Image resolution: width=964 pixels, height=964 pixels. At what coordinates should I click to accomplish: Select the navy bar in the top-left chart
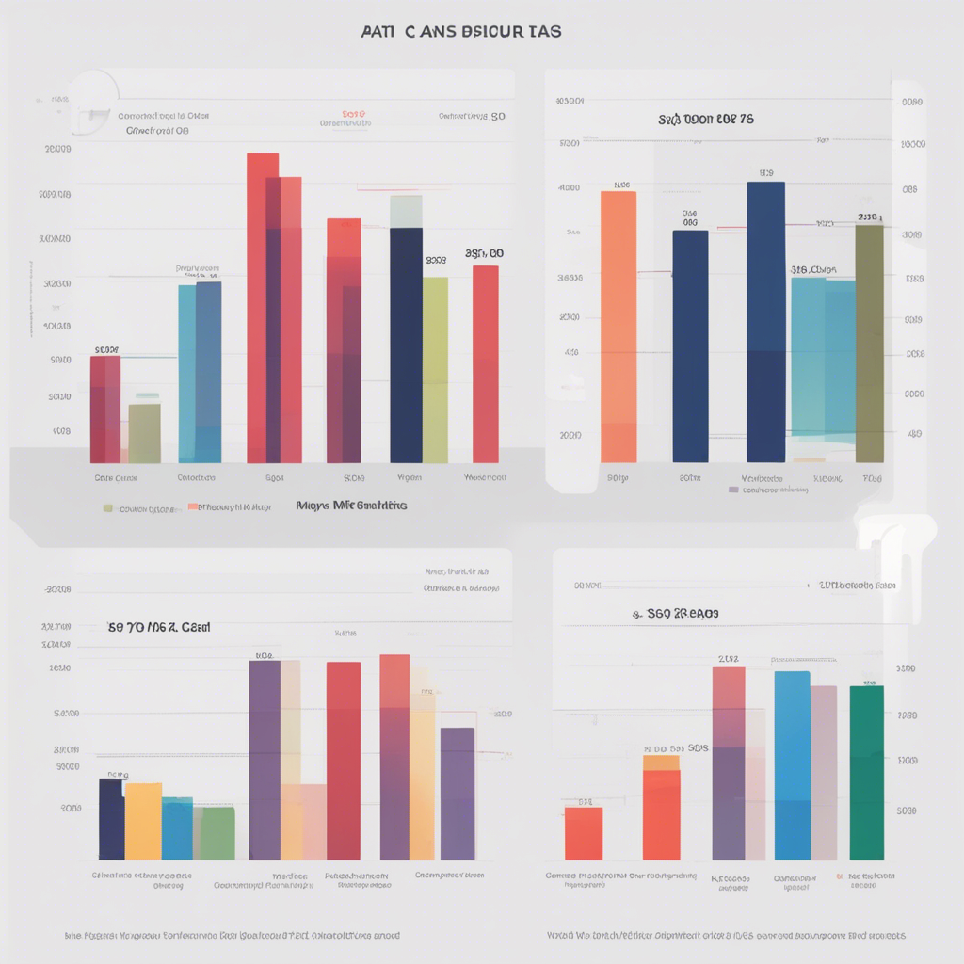point(406,348)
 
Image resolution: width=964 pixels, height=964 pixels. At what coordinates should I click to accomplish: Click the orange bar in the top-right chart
point(619,325)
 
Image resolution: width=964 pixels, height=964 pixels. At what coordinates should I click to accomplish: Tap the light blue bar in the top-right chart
point(823,358)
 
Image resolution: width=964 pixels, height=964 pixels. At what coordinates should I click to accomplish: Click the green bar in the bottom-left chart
point(217,833)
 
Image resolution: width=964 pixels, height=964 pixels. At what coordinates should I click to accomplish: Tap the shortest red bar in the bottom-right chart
point(584,833)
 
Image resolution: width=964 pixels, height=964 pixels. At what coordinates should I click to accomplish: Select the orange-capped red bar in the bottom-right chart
point(661,810)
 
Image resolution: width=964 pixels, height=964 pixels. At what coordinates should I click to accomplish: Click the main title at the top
point(461,31)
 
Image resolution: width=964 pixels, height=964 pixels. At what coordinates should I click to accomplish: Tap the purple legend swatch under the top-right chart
point(733,490)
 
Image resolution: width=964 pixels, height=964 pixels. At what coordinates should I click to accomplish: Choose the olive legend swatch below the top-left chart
point(108,508)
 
